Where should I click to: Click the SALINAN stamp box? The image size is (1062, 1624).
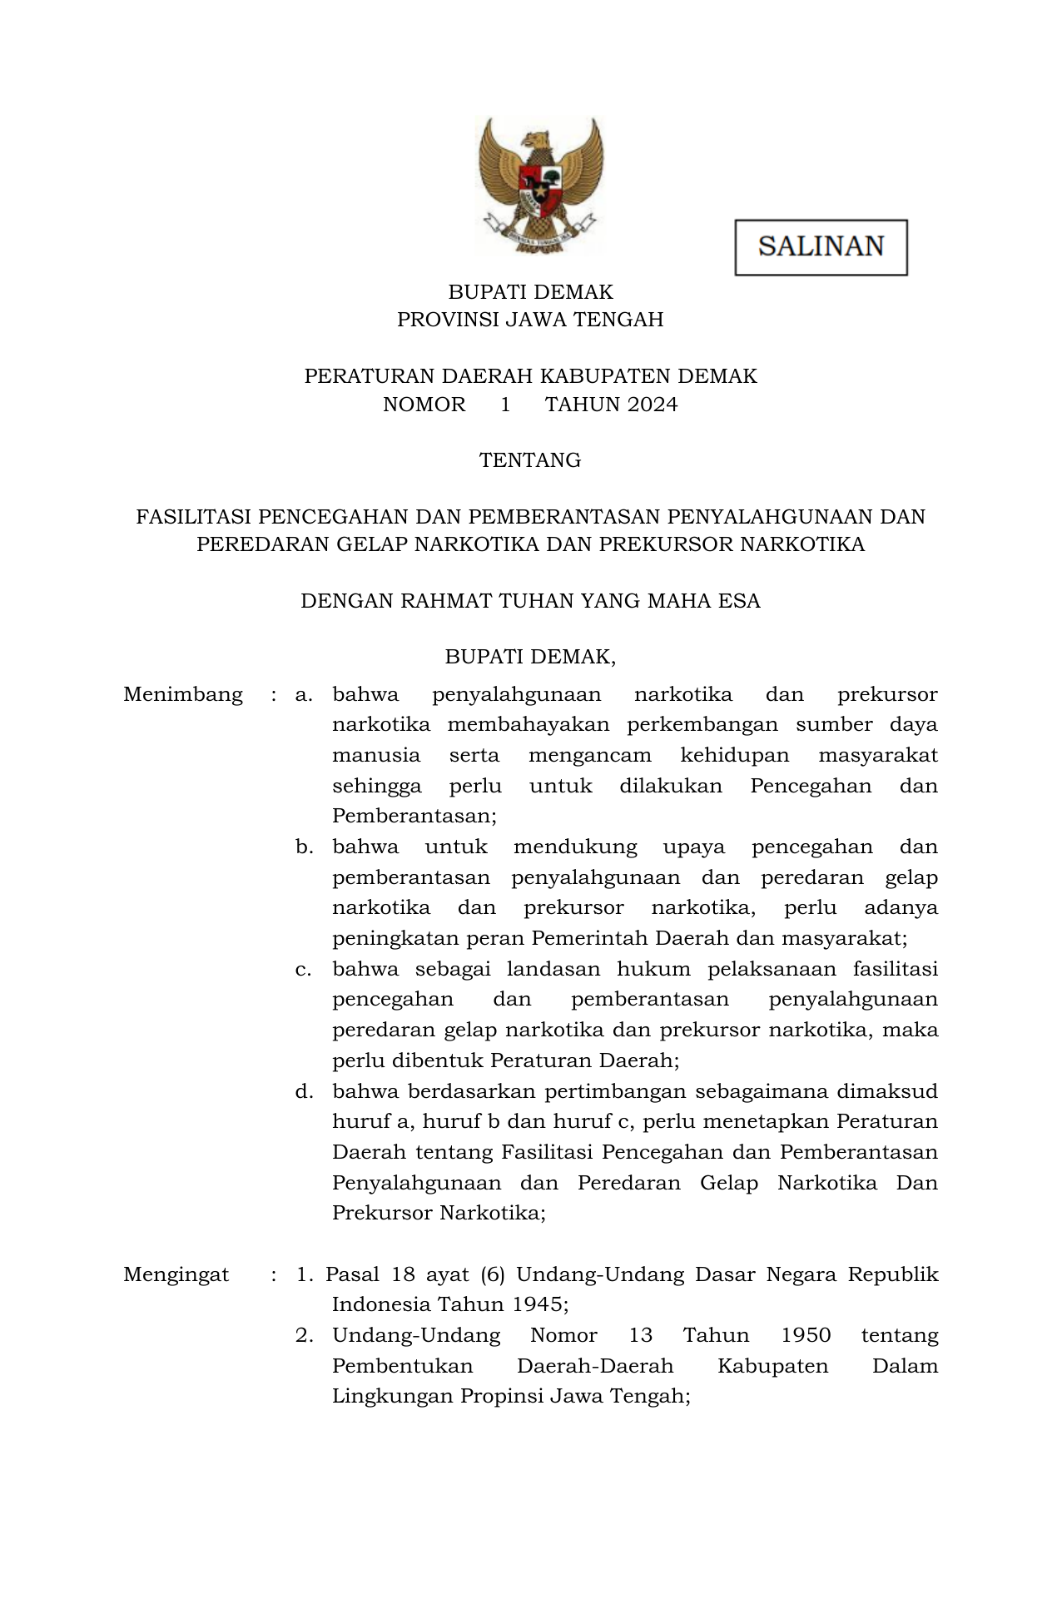[x=821, y=247]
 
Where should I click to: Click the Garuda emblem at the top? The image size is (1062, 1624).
[x=539, y=185]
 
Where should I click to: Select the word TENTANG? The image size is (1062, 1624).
[x=530, y=460]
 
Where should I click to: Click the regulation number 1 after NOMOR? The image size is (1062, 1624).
[x=505, y=405]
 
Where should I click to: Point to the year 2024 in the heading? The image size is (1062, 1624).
[x=653, y=405]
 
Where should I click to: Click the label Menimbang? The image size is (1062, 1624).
[x=183, y=694]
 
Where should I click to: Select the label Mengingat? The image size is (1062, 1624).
[x=176, y=1274]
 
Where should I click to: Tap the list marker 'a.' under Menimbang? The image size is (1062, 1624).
[x=304, y=694]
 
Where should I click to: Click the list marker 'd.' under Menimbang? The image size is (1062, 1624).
[x=304, y=1091]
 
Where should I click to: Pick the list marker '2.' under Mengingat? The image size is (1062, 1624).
[x=304, y=1335]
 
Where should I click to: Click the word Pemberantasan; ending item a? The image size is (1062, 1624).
[x=414, y=816]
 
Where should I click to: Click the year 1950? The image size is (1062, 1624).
[x=806, y=1335]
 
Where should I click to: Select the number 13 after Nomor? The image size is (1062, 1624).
[x=640, y=1335]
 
